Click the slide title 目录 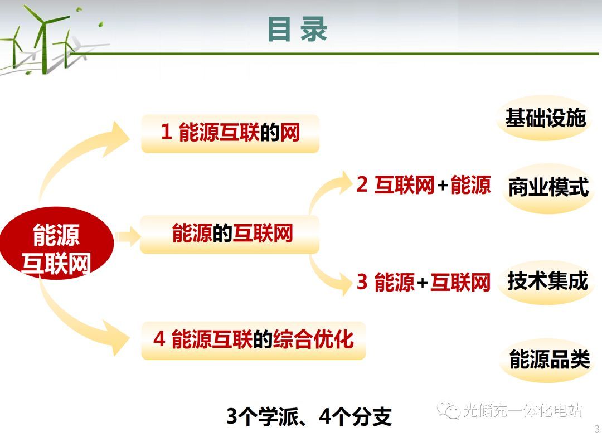[x=297, y=29]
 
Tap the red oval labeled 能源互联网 [x=57, y=243]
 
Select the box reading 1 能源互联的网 [x=230, y=134]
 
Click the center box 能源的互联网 [x=230, y=234]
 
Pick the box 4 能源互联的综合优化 [x=254, y=341]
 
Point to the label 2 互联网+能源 [x=424, y=184]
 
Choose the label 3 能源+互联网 [x=424, y=282]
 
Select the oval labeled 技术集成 [x=547, y=281]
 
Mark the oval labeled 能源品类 [x=549, y=360]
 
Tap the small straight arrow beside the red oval [x=128, y=236]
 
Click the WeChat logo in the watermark [x=448, y=410]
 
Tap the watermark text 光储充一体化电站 [x=522, y=410]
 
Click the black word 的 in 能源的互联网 [x=222, y=233]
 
